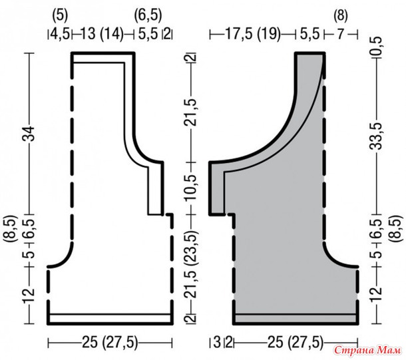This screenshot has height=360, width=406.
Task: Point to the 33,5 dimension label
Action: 377,136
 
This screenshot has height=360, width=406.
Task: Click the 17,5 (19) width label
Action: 253,34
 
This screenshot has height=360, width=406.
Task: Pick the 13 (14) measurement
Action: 102,34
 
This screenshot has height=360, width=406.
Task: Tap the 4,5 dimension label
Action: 60,34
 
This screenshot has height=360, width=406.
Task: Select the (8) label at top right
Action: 341,16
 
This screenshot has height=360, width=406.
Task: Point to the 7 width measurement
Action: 341,34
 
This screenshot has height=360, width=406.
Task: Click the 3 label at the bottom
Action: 217,342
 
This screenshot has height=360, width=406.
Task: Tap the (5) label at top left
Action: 60,16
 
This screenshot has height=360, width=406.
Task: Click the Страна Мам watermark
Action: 367,350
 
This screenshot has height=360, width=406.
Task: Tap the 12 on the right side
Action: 377,292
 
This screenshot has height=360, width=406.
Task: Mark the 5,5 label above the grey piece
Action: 310,34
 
